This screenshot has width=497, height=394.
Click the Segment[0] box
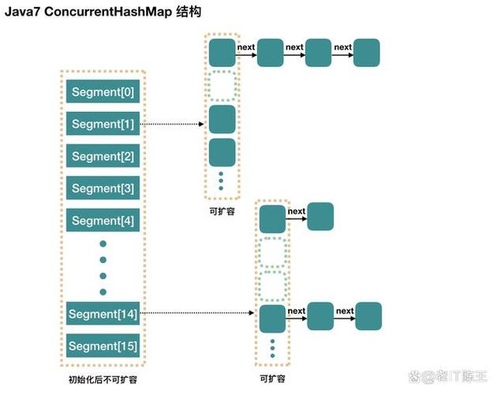(x=103, y=92)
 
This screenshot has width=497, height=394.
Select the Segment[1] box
(x=103, y=124)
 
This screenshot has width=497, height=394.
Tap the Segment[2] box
(x=103, y=156)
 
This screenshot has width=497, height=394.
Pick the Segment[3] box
(x=103, y=188)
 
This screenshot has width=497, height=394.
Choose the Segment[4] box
(x=103, y=220)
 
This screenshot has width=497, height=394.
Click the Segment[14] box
(x=103, y=314)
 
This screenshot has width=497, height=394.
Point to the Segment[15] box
(x=103, y=346)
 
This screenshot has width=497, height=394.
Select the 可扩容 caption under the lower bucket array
(x=271, y=379)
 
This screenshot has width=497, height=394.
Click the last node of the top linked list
(x=367, y=53)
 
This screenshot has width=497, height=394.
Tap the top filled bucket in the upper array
(x=222, y=52)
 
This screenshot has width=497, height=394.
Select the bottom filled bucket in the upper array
(x=222, y=151)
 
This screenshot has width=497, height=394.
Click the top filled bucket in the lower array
(x=272, y=217)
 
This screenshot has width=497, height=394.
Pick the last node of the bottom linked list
(x=368, y=316)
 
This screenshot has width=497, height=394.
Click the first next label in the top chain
(x=246, y=47)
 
